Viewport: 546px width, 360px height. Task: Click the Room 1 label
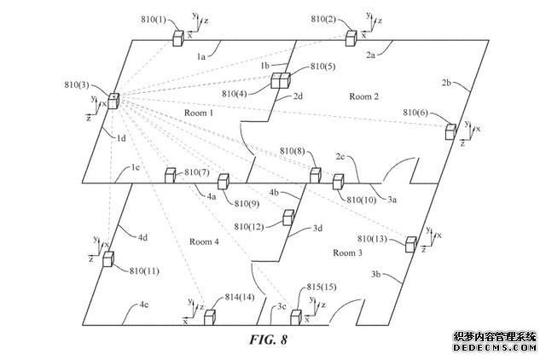tap(199, 113)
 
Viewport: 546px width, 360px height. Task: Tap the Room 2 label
tap(364, 97)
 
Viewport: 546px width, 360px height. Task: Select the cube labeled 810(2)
tap(351, 38)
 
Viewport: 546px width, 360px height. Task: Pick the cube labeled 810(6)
tap(450, 131)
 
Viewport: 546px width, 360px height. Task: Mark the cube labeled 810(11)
tap(108, 259)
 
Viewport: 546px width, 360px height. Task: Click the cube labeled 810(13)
tap(410, 245)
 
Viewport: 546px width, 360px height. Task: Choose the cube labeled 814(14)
tap(209, 317)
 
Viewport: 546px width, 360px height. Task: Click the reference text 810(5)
tap(323, 66)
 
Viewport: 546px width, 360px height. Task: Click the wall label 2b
tap(446, 83)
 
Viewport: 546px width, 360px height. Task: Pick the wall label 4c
tap(139, 305)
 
